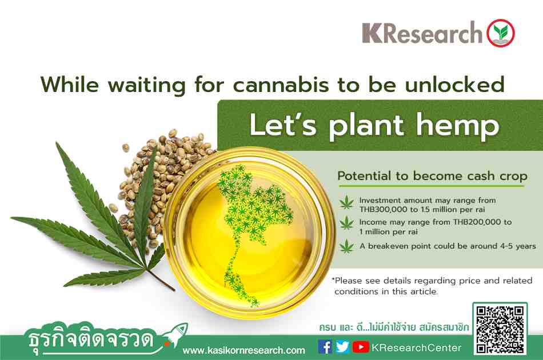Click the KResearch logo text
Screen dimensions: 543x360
coord(422,33)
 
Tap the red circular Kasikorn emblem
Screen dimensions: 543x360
coord(500,33)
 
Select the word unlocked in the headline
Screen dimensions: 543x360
coord(454,85)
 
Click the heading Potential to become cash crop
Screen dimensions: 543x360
coord(432,176)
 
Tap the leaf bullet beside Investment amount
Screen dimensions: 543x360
coord(346,203)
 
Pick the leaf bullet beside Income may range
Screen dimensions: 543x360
coord(346,223)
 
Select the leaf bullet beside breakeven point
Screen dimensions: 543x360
coord(346,246)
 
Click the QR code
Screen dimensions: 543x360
coord(500,329)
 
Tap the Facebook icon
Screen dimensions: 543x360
coord(325,347)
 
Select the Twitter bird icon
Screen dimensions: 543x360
coord(342,347)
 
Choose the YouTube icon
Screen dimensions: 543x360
coord(361,347)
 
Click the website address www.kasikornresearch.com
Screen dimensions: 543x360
coord(244,350)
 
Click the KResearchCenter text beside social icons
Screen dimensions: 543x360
coord(416,347)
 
